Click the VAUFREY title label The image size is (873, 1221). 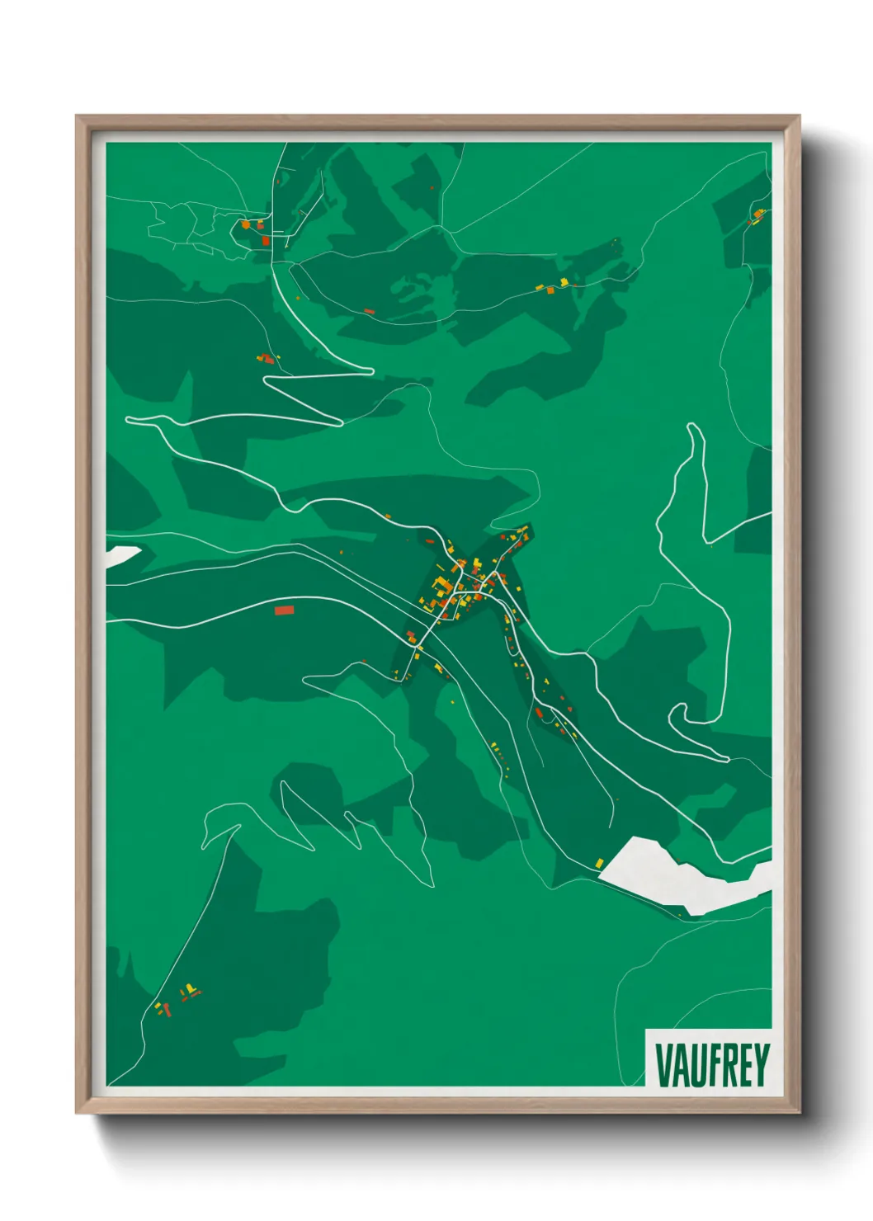pyautogui.click(x=711, y=1064)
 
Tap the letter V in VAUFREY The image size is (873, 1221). pyautogui.click(x=663, y=1065)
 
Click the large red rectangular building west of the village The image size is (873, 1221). pyautogui.click(x=284, y=610)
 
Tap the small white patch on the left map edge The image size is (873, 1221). pyautogui.click(x=122, y=554)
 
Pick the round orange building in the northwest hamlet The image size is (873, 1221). pyautogui.click(x=245, y=224)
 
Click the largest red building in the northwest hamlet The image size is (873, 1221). pyautogui.click(x=266, y=241)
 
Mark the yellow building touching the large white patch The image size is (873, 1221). pyautogui.click(x=600, y=863)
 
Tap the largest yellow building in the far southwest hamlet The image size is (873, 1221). pyautogui.click(x=191, y=988)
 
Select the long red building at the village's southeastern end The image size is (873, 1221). pyautogui.click(x=539, y=713)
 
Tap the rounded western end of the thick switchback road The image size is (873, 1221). pyautogui.click(x=130, y=420)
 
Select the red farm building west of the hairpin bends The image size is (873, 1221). pyautogui.click(x=267, y=359)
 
